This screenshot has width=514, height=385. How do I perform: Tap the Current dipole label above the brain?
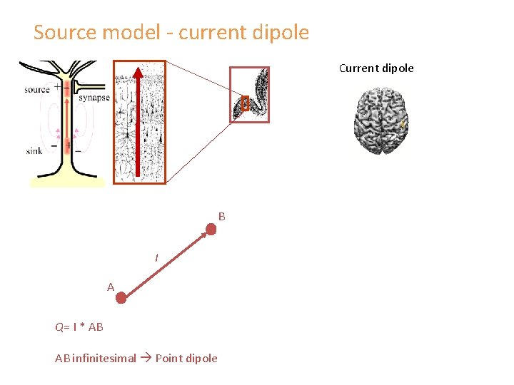[x=376, y=68]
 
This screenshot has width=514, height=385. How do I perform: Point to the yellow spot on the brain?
[x=403, y=125]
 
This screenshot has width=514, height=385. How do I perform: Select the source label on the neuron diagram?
[x=36, y=90]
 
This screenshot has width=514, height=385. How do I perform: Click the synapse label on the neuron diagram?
[x=94, y=98]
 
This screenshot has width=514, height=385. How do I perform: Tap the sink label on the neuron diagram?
[x=34, y=150]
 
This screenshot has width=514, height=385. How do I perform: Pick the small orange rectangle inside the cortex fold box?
[x=244, y=104]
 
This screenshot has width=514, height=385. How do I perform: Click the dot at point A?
[x=121, y=297]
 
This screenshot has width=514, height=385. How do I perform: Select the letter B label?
[x=222, y=216]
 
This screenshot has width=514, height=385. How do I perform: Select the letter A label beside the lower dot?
[x=111, y=287]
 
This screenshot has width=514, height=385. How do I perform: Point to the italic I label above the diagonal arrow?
[x=158, y=257]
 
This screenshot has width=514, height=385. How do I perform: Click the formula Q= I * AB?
[x=79, y=327]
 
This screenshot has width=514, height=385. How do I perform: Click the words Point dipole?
[x=186, y=358]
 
